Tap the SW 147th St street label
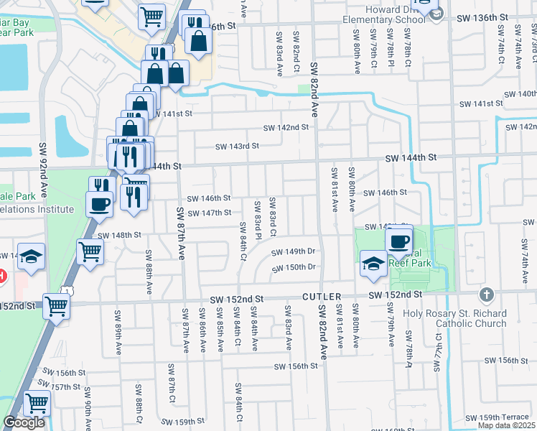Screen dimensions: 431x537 pyautogui.click(x=209, y=213)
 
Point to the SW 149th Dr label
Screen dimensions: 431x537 pyautogui.click(x=294, y=251)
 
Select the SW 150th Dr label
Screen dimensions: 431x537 pyautogui.click(x=294, y=267)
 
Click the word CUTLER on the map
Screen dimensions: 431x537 pyautogui.click(x=319, y=296)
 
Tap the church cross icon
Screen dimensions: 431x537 pyautogui.click(x=486, y=295)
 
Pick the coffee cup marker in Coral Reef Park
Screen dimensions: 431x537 pyautogui.click(x=398, y=238)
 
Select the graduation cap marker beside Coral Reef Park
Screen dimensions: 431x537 pyautogui.click(x=373, y=263)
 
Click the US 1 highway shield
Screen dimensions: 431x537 pyautogui.click(x=65, y=289)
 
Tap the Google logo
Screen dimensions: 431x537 pyautogui.click(x=24, y=422)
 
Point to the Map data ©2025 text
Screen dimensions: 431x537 pyautogui.click(x=507, y=425)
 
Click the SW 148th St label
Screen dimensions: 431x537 pyautogui.click(x=119, y=235)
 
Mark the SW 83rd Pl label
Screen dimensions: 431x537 pyautogui.click(x=257, y=215)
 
